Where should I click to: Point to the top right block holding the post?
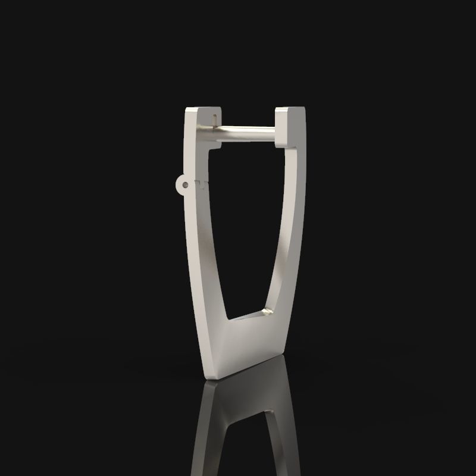click(x=290, y=126)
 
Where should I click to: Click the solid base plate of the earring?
click(x=244, y=345)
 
